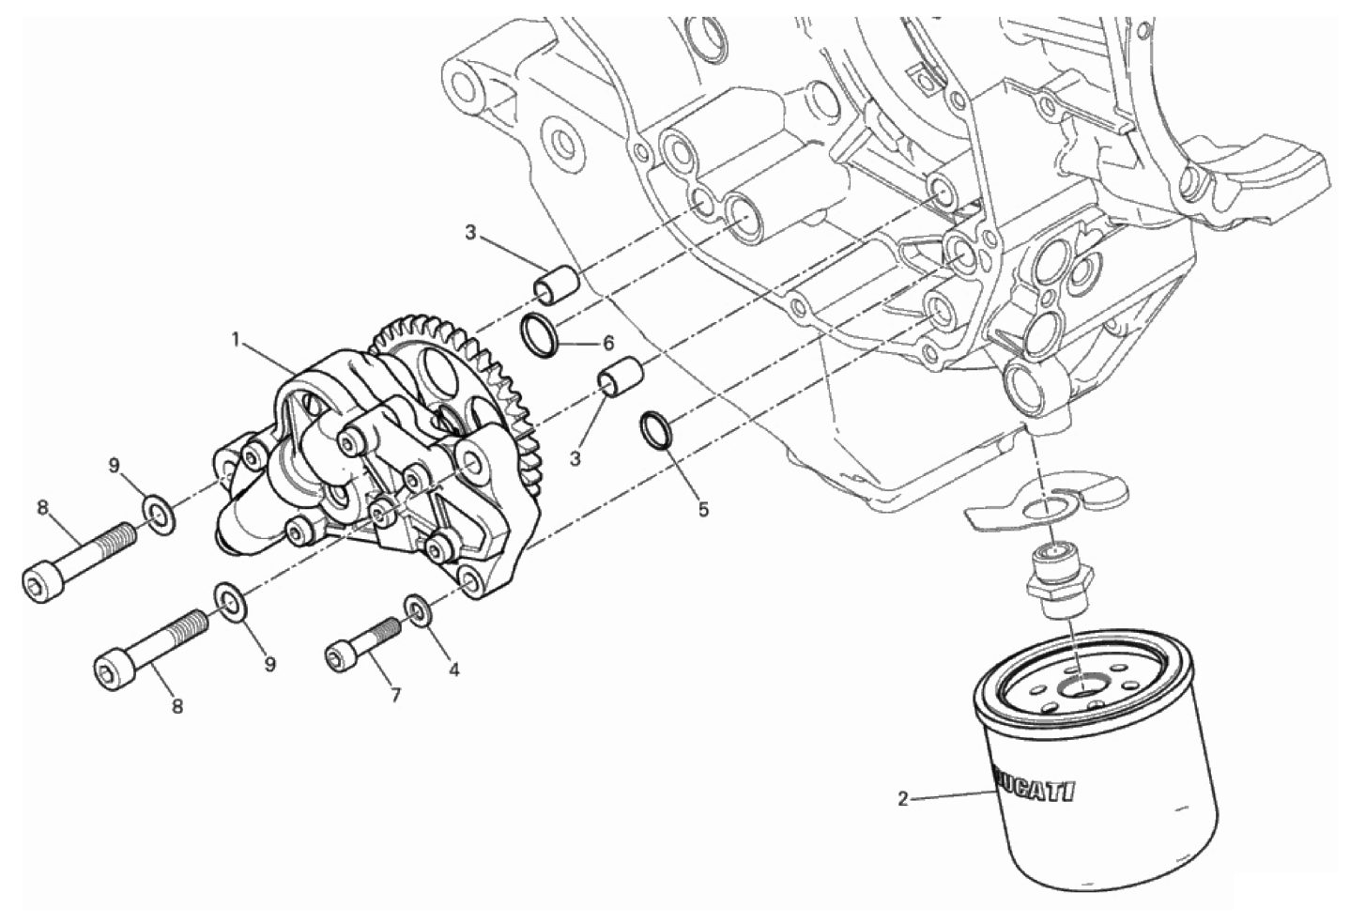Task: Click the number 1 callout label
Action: (x=238, y=342)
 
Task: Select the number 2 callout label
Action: (x=903, y=800)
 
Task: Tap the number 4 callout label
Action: (x=453, y=669)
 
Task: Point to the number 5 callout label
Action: (x=703, y=509)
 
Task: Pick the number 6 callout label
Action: (x=607, y=344)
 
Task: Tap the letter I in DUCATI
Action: (x=1066, y=794)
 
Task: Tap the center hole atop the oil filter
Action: (x=1082, y=685)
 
